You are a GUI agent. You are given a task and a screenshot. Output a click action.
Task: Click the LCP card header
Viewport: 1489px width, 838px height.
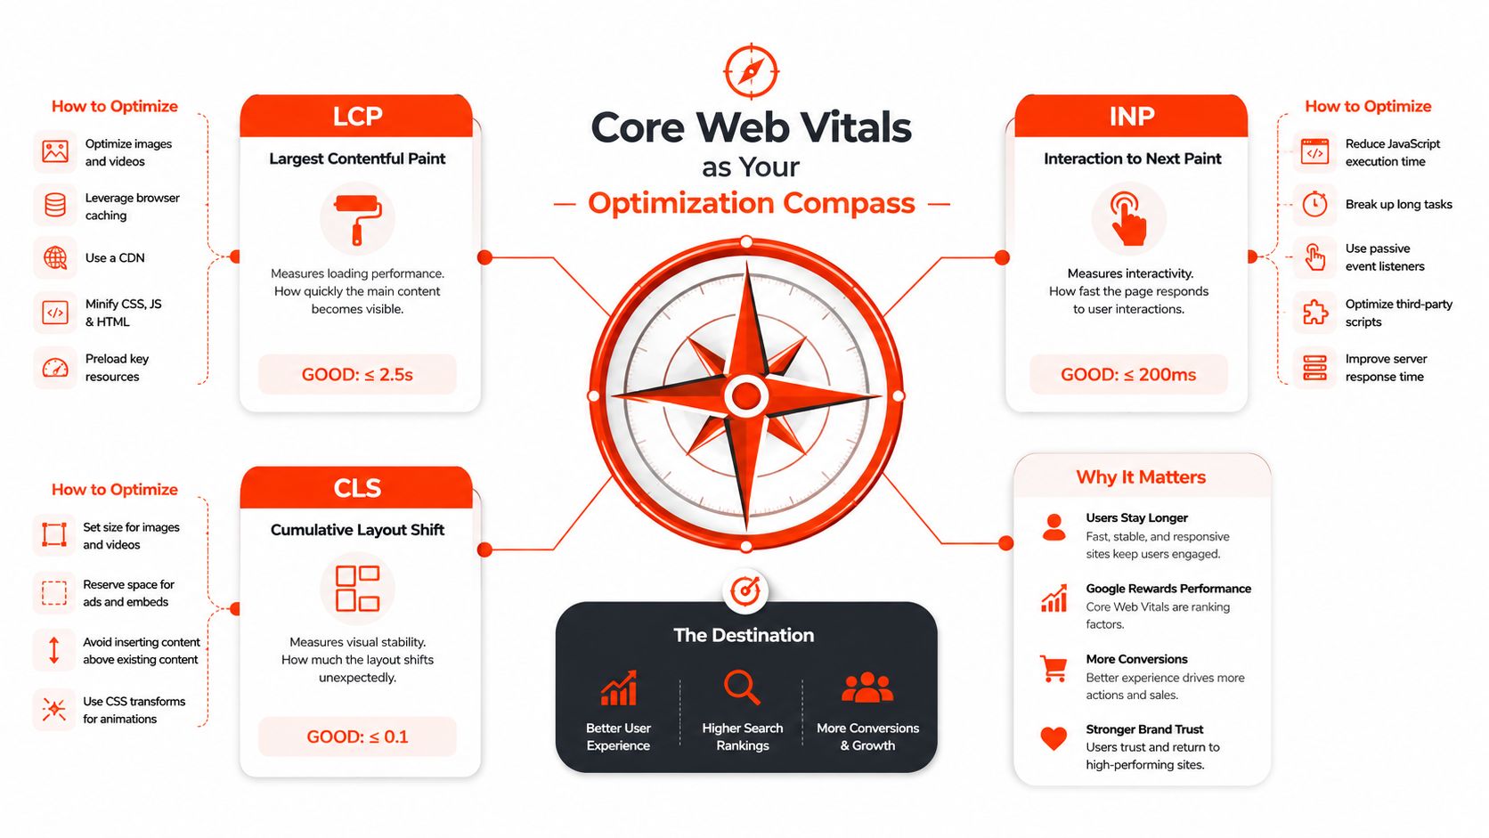(356, 116)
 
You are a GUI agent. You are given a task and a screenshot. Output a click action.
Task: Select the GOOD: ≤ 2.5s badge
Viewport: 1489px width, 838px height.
(358, 374)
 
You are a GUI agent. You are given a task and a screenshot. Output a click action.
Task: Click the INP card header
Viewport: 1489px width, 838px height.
(1131, 116)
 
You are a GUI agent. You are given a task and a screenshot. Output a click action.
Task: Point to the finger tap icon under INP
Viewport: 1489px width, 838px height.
(1128, 219)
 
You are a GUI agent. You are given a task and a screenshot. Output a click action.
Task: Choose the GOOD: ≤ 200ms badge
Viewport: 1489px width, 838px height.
(1128, 374)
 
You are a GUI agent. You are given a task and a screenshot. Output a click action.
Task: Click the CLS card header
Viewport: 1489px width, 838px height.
(356, 488)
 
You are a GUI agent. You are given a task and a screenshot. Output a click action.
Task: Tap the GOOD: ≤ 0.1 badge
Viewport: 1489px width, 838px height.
(358, 736)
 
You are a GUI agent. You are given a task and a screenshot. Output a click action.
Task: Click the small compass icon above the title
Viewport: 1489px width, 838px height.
(751, 71)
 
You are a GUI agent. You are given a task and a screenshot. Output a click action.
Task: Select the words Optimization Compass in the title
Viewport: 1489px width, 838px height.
(751, 203)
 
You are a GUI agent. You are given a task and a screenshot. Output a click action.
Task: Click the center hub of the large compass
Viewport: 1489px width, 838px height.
(746, 396)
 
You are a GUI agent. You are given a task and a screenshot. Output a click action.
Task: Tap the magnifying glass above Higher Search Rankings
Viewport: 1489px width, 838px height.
(742, 687)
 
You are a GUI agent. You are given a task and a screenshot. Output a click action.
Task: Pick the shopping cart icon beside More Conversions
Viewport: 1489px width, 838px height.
(1054, 669)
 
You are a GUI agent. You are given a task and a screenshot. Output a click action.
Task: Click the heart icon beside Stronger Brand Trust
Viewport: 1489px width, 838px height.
(1054, 738)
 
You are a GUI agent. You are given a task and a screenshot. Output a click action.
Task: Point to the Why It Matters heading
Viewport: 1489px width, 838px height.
(1141, 476)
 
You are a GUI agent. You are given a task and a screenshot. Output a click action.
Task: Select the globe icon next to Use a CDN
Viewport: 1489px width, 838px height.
(55, 258)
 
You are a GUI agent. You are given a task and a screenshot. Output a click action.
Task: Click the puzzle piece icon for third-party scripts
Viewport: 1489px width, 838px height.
(1314, 313)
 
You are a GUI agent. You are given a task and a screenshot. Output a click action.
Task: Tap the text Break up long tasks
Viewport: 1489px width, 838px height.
(1398, 204)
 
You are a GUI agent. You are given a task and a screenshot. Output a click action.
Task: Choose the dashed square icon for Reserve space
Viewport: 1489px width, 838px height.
(54, 593)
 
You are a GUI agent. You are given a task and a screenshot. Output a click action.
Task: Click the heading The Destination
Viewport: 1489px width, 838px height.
(744, 635)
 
